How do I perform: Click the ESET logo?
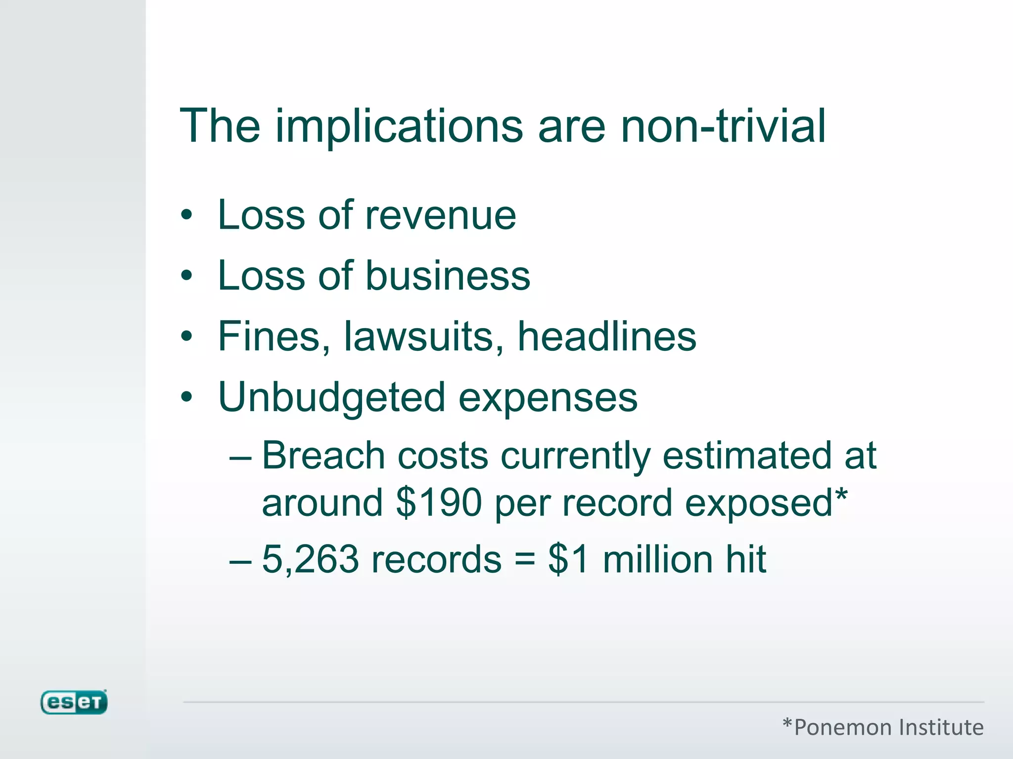74,702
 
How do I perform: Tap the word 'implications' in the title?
399,126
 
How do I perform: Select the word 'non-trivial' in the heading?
723,126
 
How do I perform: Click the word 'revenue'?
441,216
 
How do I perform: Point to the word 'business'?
448,276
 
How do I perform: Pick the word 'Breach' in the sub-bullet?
323,456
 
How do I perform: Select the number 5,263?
310,560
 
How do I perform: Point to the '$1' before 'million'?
568,560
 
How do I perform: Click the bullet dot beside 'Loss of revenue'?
186,215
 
